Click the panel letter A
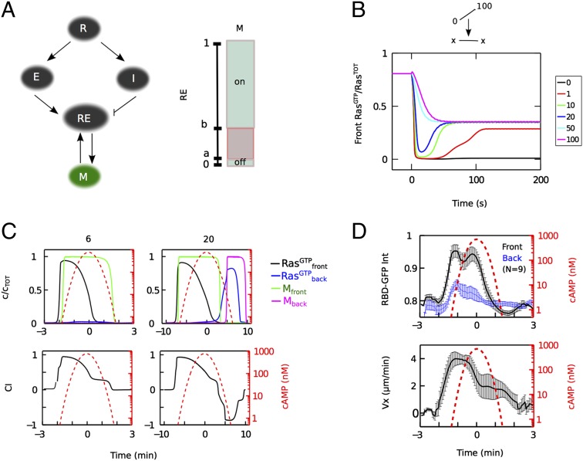pyautogui.click(x=9, y=9)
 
